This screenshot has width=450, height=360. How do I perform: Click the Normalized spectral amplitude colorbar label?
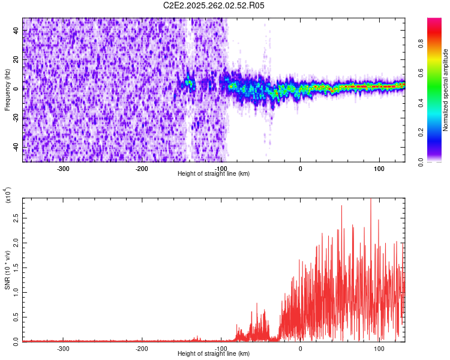446,90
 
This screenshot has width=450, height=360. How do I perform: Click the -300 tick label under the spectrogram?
63,168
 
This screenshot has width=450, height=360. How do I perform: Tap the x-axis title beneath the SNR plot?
214,354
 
